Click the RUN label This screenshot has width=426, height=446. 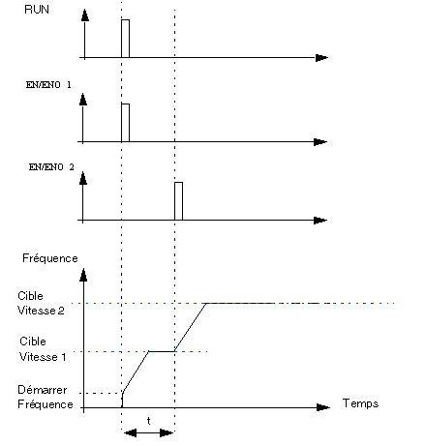tap(37, 10)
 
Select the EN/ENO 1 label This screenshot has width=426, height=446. tap(48, 85)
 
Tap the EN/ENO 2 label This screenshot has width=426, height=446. tap(51, 167)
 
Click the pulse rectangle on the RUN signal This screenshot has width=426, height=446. tap(126, 39)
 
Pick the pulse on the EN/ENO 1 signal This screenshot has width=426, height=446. tap(126, 123)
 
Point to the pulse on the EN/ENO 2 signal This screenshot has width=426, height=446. tap(179, 201)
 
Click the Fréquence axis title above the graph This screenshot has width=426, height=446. tap(50, 258)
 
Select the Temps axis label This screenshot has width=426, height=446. tap(360, 403)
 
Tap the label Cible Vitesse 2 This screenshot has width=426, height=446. tap(41, 303)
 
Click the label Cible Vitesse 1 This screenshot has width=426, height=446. tap(43, 349)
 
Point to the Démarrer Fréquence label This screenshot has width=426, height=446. tap(46, 397)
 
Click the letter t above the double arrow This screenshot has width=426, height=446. tap(148, 421)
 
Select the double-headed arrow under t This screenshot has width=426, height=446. tap(148, 432)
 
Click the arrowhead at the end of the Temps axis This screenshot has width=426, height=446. tap(323, 407)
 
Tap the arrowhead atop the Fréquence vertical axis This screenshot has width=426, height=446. tap(83, 275)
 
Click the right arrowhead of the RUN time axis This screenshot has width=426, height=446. tap(321, 58)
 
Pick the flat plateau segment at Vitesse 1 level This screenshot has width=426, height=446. tap(162, 351)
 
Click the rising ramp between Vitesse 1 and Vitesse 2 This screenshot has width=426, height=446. tap(191, 327)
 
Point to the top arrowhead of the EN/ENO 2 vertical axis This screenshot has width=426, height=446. tap(83, 178)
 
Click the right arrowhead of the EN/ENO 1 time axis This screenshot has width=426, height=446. tap(320, 142)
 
